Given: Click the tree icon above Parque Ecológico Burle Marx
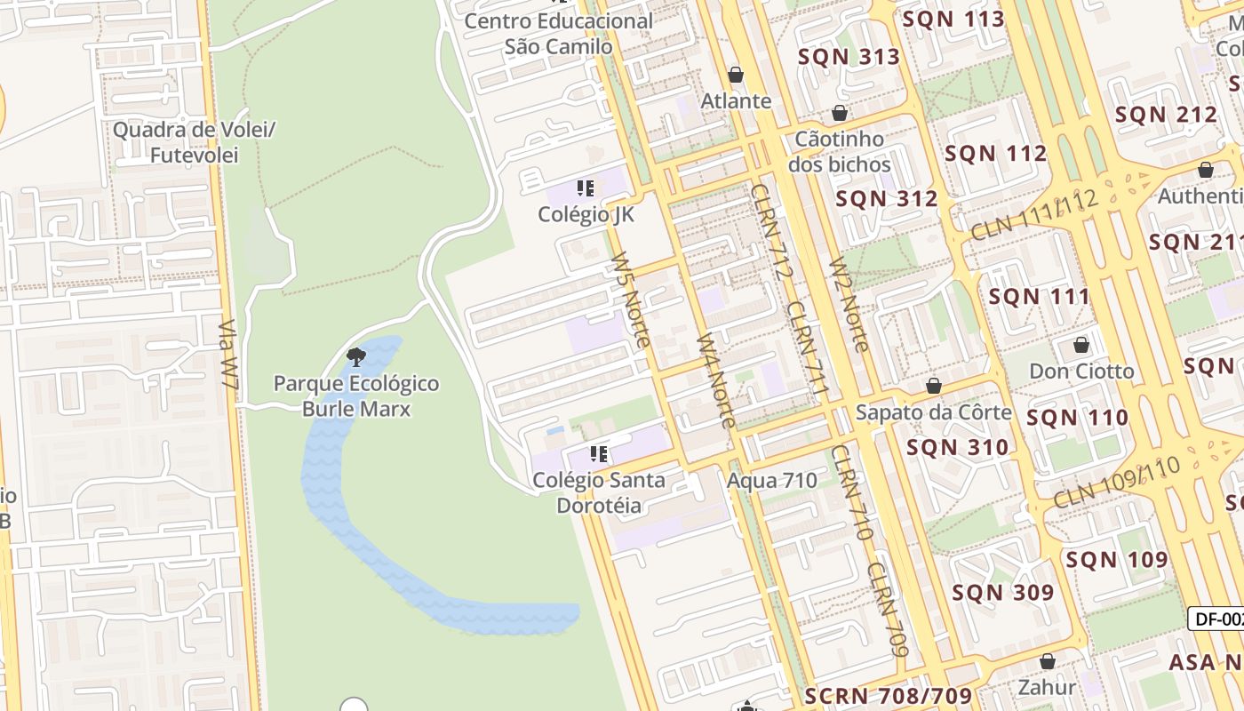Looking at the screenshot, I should [356, 358].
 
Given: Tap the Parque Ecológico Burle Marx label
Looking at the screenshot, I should [356, 396].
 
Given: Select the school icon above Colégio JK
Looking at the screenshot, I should [585, 188].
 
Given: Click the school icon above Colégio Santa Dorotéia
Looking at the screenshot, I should [599, 455].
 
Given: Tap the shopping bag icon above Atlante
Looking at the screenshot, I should [736, 75].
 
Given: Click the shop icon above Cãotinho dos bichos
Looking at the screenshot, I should [839, 114].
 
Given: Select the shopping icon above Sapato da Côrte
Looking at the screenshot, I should [934, 387].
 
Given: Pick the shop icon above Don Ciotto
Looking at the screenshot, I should [1081, 346].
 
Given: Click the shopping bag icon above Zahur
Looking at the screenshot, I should [1048, 662].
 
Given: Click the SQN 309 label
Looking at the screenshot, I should [1003, 593].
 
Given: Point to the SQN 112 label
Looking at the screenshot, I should [995, 154].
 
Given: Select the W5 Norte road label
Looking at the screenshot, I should [630, 300].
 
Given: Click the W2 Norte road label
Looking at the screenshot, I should [848, 305].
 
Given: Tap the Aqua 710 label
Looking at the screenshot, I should [771, 481].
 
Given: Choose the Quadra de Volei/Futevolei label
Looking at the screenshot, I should [194, 142].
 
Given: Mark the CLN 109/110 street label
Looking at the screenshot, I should [1117, 483].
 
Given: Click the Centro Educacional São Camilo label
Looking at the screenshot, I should [558, 33].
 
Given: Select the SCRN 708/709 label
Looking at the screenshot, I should [889, 696].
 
